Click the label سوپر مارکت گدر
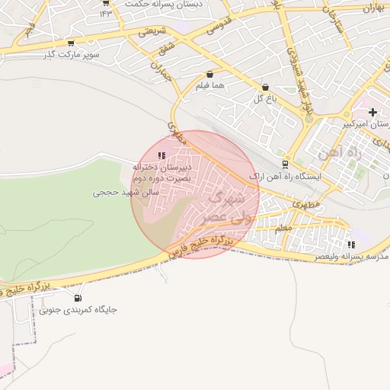pyautogui.click(x=71, y=55)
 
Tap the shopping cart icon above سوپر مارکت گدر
pyautogui.click(x=71, y=43)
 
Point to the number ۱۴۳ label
pyautogui.click(x=104, y=14)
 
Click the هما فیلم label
pyautogui.click(x=210, y=86)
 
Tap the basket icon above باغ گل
pyautogui.click(x=265, y=88)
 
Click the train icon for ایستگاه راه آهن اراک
pyautogui.click(x=285, y=164)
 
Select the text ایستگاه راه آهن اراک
pyautogui.click(x=286, y=176)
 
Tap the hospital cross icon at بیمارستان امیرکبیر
pyautogui.click(x=372, y=113)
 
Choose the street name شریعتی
pyautogui.click(x=153, y=33)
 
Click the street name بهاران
pyautogui.click(x=369, y=9)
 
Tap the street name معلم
pyautogui.click(x=283, y=227)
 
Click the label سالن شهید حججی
pyautogui.click(x=126, y=193)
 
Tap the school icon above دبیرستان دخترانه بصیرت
pyautogui.click(x=161, y=155)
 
